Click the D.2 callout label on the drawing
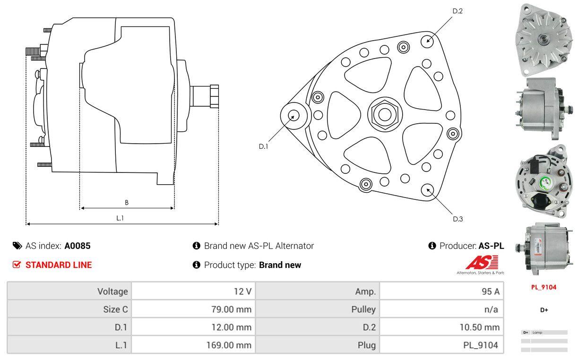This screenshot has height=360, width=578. point(457,11)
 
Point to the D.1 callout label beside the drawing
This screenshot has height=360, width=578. point(263,146)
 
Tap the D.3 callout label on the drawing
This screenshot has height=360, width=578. point(457,219)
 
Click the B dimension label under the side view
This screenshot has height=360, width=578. point(127,203)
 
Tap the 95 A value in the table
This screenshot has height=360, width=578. point(489,291)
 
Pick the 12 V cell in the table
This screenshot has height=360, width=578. point(242,291)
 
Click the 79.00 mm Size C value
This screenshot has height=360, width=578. point(232,309)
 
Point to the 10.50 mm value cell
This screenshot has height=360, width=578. point(479,327)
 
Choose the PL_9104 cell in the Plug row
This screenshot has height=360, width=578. point(480,345)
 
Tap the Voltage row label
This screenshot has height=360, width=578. point(112,291)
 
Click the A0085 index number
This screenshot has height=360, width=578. point(77,246)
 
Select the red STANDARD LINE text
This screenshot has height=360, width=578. point(59,265)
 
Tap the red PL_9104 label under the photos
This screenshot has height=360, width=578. point(544,287)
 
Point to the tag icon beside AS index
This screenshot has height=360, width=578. point(17,246)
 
